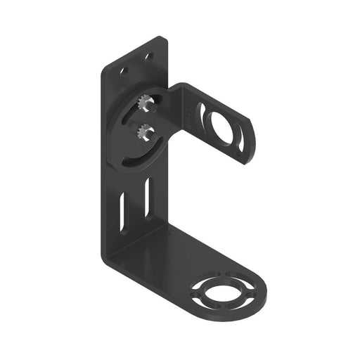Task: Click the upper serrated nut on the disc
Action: tap(146, 105)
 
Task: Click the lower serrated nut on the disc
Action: tap(144, 130)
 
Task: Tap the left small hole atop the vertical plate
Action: tap(124, 72)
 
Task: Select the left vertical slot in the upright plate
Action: tap(123, 212)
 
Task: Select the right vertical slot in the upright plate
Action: tap(146, 198)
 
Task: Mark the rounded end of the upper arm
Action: tap(252, 141)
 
